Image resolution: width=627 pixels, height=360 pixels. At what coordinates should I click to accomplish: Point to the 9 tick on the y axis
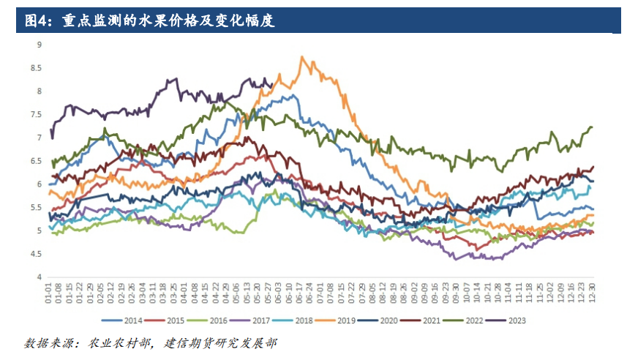pyautogui.click(x=40, y=45)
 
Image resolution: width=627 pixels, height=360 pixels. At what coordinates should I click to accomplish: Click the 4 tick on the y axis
pyautogui.click(x=40, y=277)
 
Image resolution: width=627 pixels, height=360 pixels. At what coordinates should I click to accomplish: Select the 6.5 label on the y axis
pyautogui.click(x=37, y=161)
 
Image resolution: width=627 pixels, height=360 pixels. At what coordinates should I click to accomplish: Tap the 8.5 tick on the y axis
pyautogui.click(x=37, y=68)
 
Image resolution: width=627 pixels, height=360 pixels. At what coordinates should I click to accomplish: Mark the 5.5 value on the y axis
pyautogui.click(x=37, y=208)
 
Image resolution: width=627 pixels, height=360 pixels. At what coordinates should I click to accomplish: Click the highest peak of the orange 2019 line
pyautogui.click(x=301, y=56)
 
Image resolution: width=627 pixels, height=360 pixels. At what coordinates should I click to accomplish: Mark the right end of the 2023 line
pyautogui.click(x=272, y=84)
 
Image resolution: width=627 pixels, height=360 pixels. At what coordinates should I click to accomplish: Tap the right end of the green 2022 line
pyautogui.click(x=591, y=127)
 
